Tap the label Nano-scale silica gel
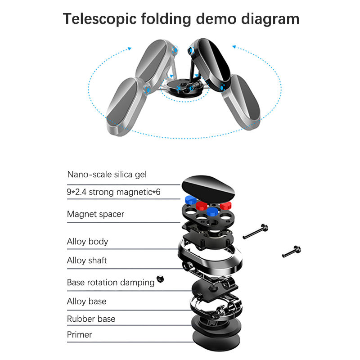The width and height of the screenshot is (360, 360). tap(107, 174)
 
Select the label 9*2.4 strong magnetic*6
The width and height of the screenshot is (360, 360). tap(114, 193)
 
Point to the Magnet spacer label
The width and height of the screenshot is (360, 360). tap(95, 214)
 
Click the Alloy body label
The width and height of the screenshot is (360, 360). tap(88, 242)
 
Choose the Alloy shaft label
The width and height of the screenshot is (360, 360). tap(87, 261)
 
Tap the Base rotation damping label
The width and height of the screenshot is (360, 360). tap(111, 283)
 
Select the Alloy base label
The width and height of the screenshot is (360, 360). tap(87, 301)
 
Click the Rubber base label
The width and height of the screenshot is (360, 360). tap(91, 319)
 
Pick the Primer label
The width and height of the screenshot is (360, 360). tap(80, 335)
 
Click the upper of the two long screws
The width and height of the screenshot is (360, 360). tap(255, 232)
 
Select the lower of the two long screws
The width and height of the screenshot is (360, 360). tap(291, 251)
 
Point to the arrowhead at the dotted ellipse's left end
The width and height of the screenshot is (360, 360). tap(130, 48)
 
